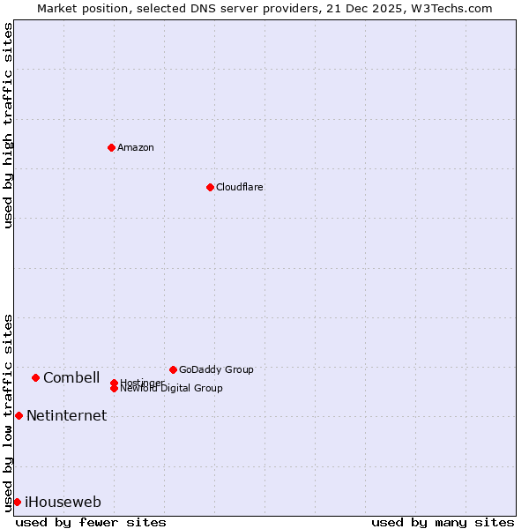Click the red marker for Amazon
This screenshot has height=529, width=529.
tap(111, 147)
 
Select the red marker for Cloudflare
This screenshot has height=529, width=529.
tap(210, 187)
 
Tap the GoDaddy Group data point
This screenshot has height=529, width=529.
tap(173, 369)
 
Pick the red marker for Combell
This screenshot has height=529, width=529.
tap(35, 377)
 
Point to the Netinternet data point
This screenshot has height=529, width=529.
tap(19, 415)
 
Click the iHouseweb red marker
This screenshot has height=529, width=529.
tap(17, 502)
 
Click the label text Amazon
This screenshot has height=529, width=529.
tap(135, 147)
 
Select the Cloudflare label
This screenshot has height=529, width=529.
tap(239, 187)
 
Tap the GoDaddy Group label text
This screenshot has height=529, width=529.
tap(216, 369)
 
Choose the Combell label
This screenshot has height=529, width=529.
tap(71, 377)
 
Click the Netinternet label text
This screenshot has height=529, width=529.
tap(66, 415)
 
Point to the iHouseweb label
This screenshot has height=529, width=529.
tap(63, 502)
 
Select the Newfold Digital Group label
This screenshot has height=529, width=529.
tap(172, 388)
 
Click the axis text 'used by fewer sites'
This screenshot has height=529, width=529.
tap(91, 522)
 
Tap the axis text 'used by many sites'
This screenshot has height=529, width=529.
tap(443, 522)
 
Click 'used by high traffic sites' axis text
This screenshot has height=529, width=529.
tap(8, 125)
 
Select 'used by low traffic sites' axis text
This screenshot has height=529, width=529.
tap(8, 412)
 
